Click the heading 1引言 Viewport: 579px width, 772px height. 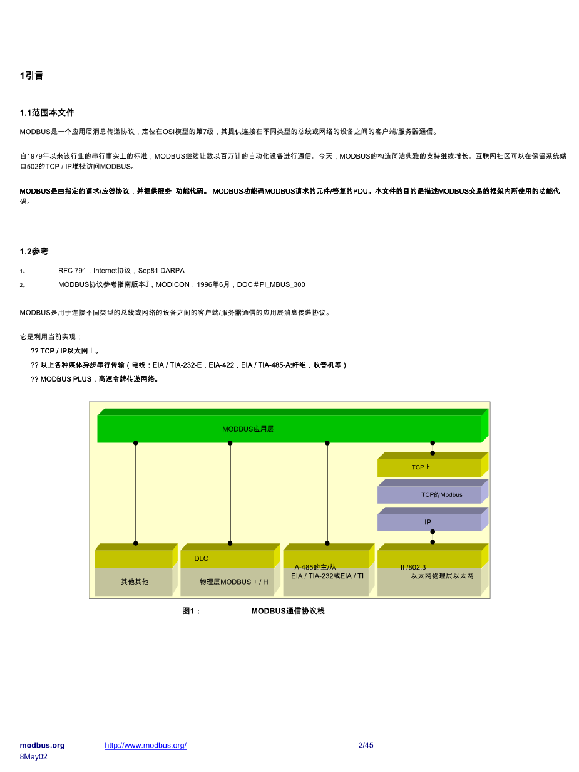(31, 76)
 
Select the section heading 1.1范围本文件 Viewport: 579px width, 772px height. (47, 113)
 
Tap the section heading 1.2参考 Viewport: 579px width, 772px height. (34, 251)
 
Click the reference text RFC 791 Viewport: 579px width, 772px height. (72, 271)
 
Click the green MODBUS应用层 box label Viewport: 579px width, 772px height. (248, 429)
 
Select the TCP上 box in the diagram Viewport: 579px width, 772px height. (421, 467)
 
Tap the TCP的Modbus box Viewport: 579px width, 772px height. (441, 495)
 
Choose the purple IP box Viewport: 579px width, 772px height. (428, 522)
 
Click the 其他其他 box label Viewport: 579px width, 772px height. (135, 582)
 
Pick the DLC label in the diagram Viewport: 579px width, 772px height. (201, 558)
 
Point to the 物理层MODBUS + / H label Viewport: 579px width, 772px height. (233, 582)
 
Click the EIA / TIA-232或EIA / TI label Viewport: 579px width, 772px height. (327, 576)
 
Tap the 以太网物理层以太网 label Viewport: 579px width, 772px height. (442, 576)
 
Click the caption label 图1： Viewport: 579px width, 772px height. (192, 611)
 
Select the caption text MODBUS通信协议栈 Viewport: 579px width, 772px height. (288, 611)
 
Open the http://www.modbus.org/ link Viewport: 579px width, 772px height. (145, 745)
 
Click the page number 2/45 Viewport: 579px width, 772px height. (366, 745)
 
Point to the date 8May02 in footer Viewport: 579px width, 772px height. (33, 756)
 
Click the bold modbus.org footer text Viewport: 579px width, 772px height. (42, 745)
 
